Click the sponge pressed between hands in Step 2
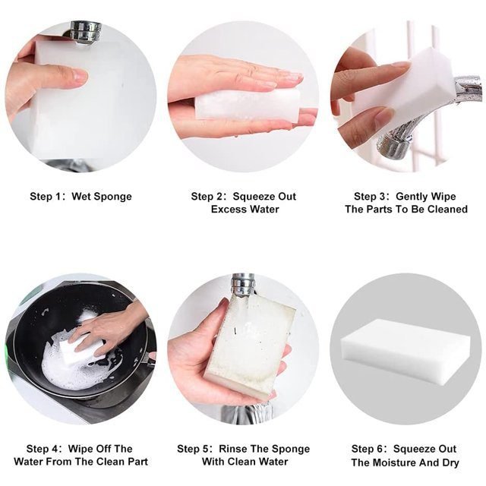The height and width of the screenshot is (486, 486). [x=248, y=104]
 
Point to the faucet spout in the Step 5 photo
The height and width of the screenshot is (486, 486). [x=243, y=284]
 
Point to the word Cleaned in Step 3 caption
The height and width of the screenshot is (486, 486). [x=447, y=210]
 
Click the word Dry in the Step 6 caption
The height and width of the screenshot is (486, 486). [x=450, y=463]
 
